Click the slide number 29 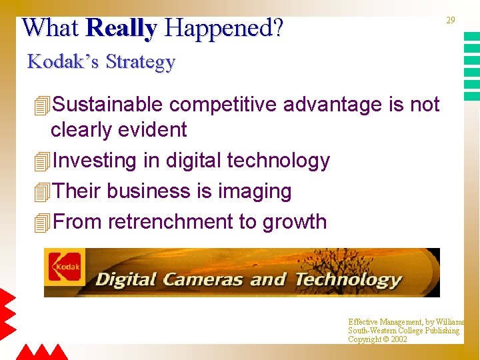451,21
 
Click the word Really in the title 121,28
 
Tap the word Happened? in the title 223,28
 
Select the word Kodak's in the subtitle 63,62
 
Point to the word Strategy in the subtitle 140,63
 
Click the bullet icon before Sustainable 41,105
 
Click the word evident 151,129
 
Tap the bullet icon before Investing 41,161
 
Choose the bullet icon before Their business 41,192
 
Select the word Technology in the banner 348,279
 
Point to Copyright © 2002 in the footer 377,339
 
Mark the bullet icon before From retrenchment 41,222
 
